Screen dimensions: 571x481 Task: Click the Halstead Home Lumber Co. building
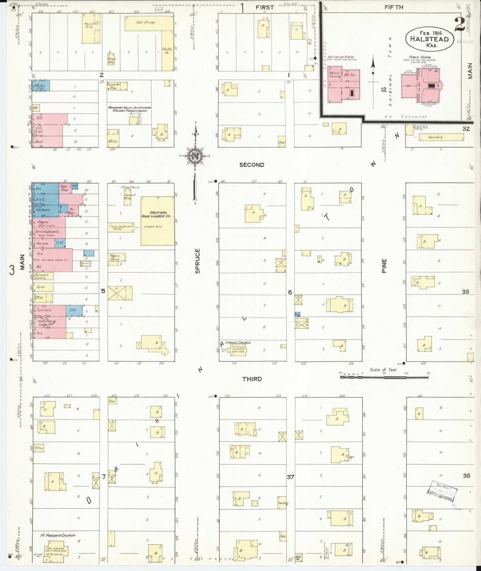point(157,221)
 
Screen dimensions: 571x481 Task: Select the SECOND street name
point(252,165)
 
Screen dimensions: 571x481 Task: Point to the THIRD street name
point(252,379)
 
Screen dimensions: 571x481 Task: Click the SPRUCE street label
point(198,261)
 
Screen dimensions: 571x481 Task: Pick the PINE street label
point(384,266)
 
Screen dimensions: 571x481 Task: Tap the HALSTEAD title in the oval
point(429,39)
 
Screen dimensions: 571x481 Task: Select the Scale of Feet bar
point(384,377)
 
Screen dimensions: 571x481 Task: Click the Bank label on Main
point(39,142)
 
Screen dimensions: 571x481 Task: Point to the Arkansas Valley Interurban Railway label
point(130,109)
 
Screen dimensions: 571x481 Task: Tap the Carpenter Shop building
point(117,86)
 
